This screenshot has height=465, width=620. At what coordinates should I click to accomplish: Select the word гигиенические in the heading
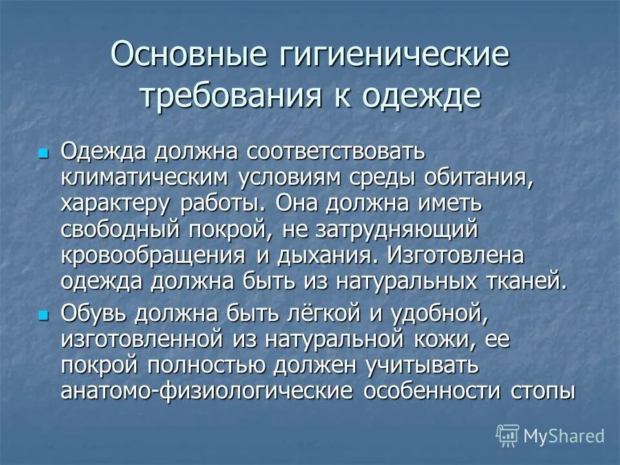point(395,56)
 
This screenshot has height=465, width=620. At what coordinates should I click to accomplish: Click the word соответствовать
point(335,152)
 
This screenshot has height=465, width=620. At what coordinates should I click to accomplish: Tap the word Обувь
point(96,313)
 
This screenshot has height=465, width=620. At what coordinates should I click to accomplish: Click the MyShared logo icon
point(507,435)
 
